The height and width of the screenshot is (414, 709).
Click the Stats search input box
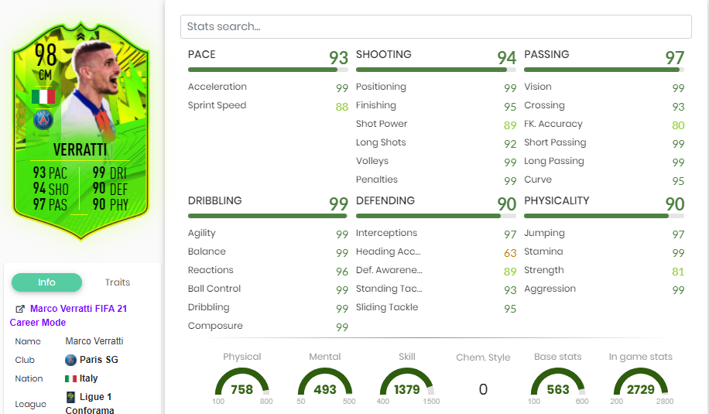[x=436, y=26]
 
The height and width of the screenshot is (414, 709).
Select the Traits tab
[x=118, y=282]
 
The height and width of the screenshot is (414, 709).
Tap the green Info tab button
[x=46, y=282]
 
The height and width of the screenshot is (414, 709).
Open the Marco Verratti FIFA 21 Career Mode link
[x=78, y=309]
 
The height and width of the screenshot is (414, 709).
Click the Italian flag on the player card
[x=43, y=97]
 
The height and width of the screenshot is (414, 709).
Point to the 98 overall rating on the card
[x=45, y=54]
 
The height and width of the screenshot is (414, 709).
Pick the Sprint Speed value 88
[x=341, y=107]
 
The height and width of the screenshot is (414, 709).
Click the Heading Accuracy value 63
[x=509, y=253]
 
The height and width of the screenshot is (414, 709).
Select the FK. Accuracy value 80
[x=678, y=125]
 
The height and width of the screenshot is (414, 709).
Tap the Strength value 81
[x=678, y=272]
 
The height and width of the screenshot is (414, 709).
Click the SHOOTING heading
[x=383, y=55]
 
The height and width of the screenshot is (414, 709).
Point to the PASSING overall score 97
[x=674, y=58]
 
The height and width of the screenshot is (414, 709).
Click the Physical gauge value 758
[x=241, y=389]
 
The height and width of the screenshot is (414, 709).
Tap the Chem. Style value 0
[x=483, y=389]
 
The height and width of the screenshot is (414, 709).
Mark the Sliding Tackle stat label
[x=386, y=307]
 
